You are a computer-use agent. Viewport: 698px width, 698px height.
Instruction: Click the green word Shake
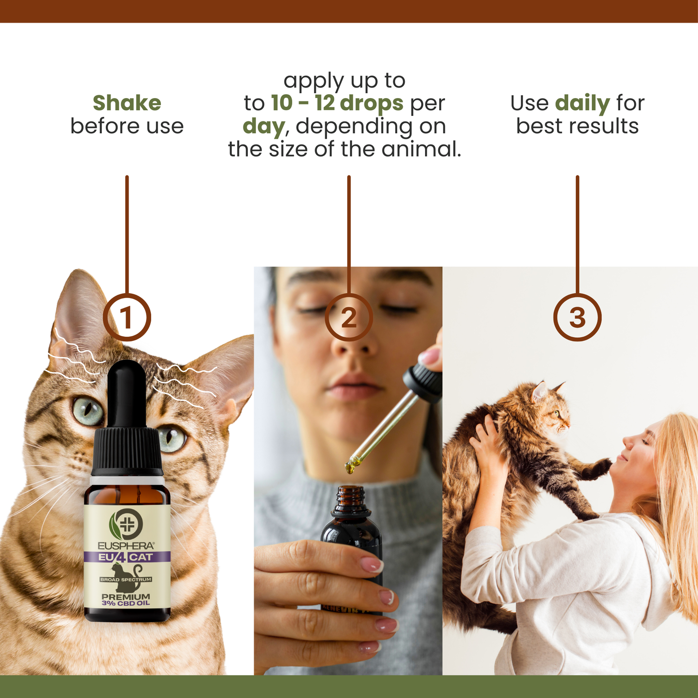[x=127, y=103]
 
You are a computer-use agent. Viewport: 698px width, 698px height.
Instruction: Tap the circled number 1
[x=127, y=317]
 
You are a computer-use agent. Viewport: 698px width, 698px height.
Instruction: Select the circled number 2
[x=349, y=317]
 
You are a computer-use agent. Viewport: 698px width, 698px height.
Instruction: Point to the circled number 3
[x=577, y=317]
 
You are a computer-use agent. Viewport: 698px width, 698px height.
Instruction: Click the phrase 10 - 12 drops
[x=337, y=103]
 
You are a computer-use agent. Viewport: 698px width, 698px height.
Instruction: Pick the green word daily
[x=583, y=103]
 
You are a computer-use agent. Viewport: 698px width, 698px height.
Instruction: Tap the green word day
[x=264, y=127]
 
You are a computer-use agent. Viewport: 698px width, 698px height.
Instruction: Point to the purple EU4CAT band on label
[x=127, y=557]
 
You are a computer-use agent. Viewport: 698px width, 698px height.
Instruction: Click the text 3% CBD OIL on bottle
[x=126, y=603]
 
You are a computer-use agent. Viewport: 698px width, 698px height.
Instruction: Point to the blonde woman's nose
[x=628, y=442]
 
